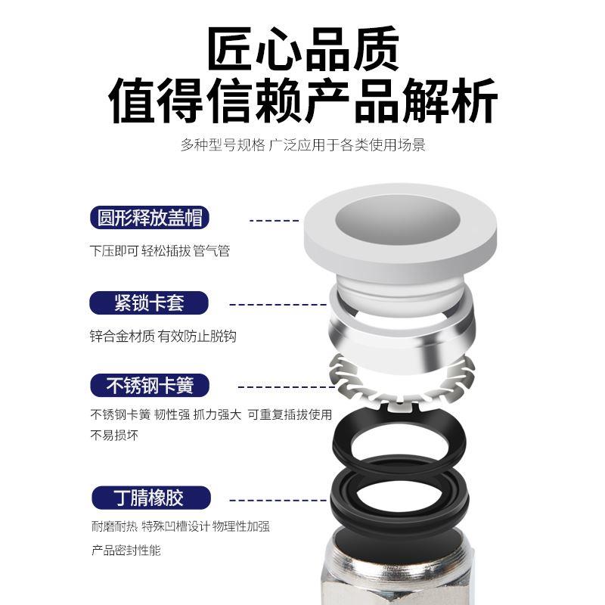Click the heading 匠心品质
click(x=302, y=49)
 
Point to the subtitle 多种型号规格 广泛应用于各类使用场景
click(x=302, y=144)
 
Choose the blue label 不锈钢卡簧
click(x=150, y=386)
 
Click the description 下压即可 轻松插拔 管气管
click(x=160, y=250)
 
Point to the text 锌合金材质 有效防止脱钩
click(x=163, y=336)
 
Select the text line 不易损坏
click(x=114, y=436)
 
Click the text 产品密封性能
click(x=126, y=550)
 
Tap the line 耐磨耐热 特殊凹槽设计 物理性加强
click(x=180, y=526)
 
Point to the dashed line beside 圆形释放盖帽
click(x=274, y=220)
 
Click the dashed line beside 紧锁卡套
click(x=278, y=304)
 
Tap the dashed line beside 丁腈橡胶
click(x=278, y=500)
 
